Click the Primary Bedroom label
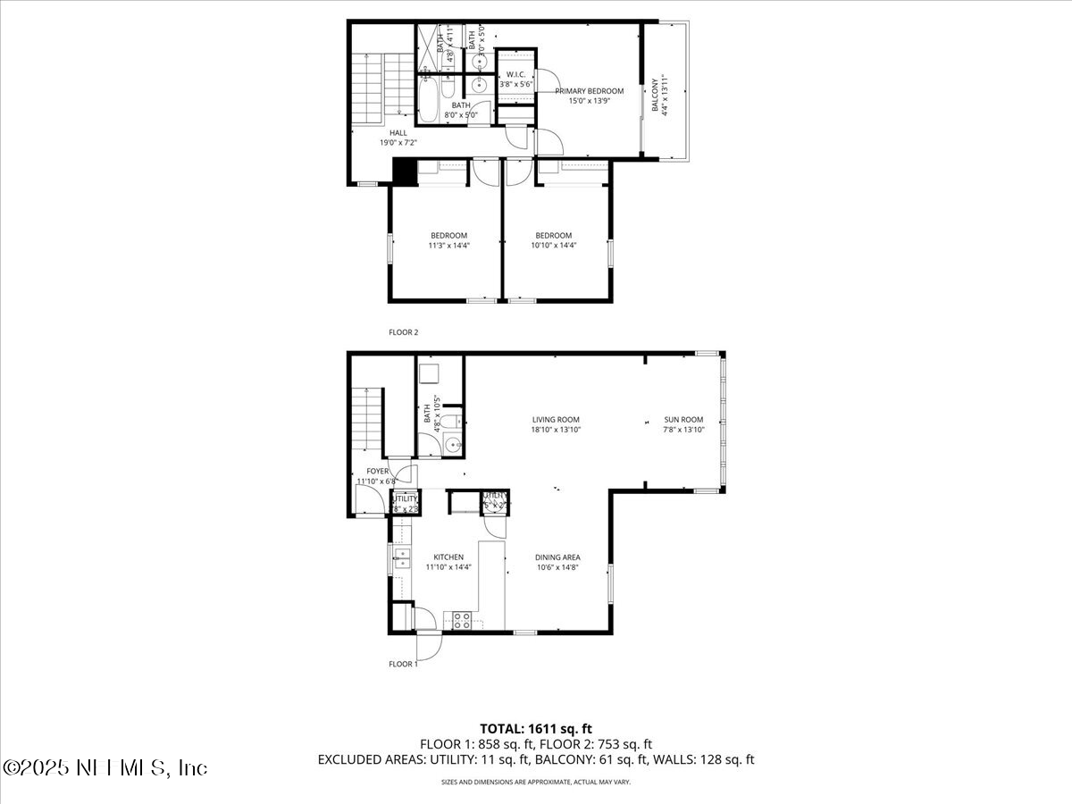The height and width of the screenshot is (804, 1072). (589, 91)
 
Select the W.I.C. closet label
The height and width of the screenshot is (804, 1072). (515, 74)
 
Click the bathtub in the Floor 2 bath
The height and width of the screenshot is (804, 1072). (430, 100)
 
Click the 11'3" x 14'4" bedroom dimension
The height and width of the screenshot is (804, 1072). (448, 245)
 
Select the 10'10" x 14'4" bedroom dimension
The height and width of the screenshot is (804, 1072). (555, 245)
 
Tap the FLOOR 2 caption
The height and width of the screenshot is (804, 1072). (403, 332)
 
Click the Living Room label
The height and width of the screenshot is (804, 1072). (556, 419)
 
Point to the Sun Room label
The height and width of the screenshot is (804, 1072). (683, 419)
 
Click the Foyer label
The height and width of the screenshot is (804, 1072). (377, 471)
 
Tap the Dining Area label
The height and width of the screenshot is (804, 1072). (558, 557)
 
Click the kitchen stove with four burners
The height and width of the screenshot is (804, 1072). (462, 620)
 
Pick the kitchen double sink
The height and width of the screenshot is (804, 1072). (401, 559)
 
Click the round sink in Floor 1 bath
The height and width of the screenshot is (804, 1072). (454, 445)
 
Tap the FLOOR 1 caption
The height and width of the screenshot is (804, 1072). (403, 664)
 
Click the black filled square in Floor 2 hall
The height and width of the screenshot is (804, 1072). (405, 172)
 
